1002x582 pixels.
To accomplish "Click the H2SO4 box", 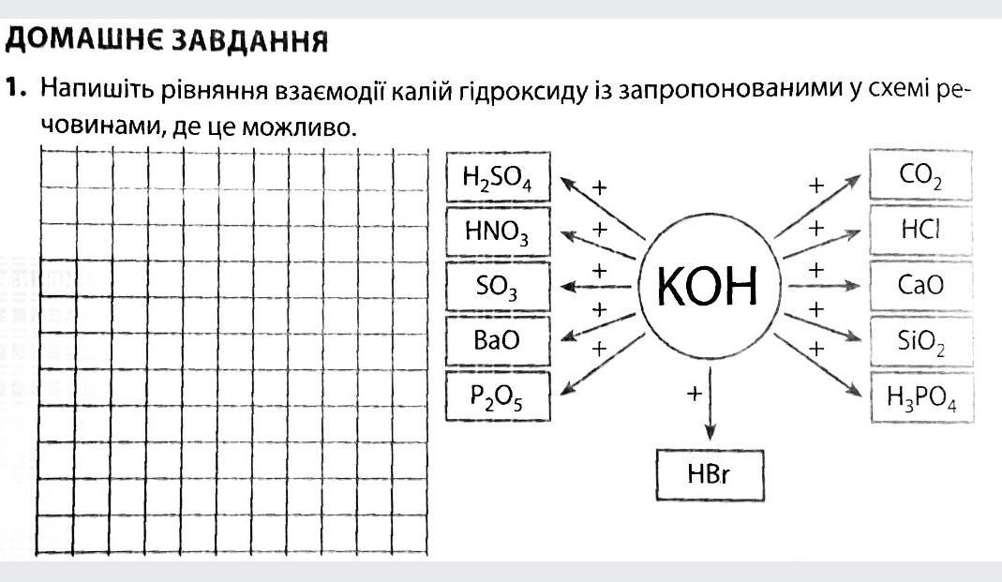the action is pyautogui.click(x=498, y=177).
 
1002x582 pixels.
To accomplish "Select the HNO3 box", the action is pyautogui.click(x=498, y=231).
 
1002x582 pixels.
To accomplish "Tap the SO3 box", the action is pyautogui.click(x=498, y=286).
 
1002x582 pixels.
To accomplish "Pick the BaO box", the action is pyautogui.click(x=498, y=340).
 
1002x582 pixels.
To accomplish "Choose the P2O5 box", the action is pyautogui.click(x=498, y=396).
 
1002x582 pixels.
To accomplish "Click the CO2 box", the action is pyautogui.click(x=920, y=175).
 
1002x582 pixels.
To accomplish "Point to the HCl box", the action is pyautogui.click(x=920, y=230).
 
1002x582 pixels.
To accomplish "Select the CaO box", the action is pyautogui.click(x=920, y=286).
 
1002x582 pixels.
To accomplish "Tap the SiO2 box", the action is pyautogui.click(x=920, y=341).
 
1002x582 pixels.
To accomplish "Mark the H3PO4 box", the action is pyautogui.click(x=921, y=396).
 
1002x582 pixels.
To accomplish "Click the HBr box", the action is pyautogui.click(x=710, y=474).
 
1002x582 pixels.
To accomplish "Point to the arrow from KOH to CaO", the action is pyautogui.click(x=824, y=286).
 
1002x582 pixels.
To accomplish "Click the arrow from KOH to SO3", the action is pyautogui.click(x=595, y=287).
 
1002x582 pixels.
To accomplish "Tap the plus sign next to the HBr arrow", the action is pyautogui.click(x=694, y=393).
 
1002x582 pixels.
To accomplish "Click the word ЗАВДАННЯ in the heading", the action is pyautogui.click(x=251, y=41).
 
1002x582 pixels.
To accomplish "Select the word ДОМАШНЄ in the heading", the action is pyautogui.click(x=85, y=40).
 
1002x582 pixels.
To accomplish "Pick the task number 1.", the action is pyautogui.click(x=15, y=87).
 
